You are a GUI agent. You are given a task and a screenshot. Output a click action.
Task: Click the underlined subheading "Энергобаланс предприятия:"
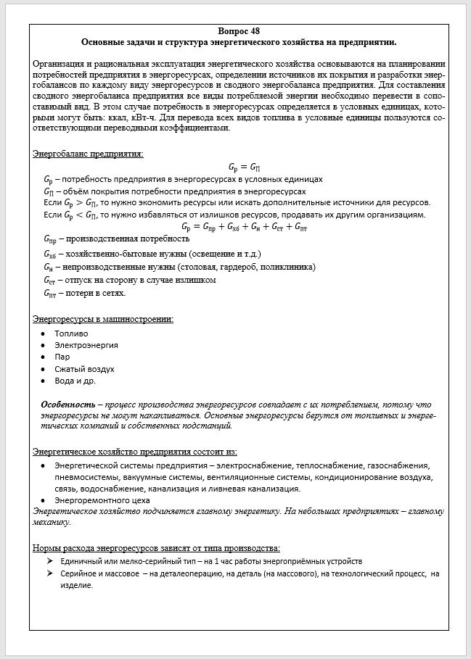pyautogui.click(x=88, y=154)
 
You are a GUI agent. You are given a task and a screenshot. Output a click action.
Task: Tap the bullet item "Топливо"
pyautogui.click(x=71, y=333)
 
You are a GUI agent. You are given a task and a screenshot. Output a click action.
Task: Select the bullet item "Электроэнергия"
pyautogui.click(x=86, y=345)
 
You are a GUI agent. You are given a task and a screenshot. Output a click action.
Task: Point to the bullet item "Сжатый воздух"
pyautogui.click(x=84, y=368)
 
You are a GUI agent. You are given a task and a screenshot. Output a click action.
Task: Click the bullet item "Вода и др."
pyautogui.click(x=75, y=380)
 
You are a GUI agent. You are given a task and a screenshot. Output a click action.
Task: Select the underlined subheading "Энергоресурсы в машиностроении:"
pyautogui.click(x=103, y=318)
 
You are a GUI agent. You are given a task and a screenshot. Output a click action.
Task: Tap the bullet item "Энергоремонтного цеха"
pyautogui.click(x=102, y=500)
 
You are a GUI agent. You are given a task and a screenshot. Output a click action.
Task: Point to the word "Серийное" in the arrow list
pyautogui.click(x=81, y=573)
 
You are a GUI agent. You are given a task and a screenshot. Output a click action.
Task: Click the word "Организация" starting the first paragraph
pyautogui.click(x=60, y=65)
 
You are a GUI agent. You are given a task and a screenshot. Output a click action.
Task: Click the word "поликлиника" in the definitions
pyautogui.click(x=290, y=266)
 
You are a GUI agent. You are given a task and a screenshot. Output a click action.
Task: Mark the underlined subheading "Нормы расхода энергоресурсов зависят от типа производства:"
pyautogui.click(x=157, y=547)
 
